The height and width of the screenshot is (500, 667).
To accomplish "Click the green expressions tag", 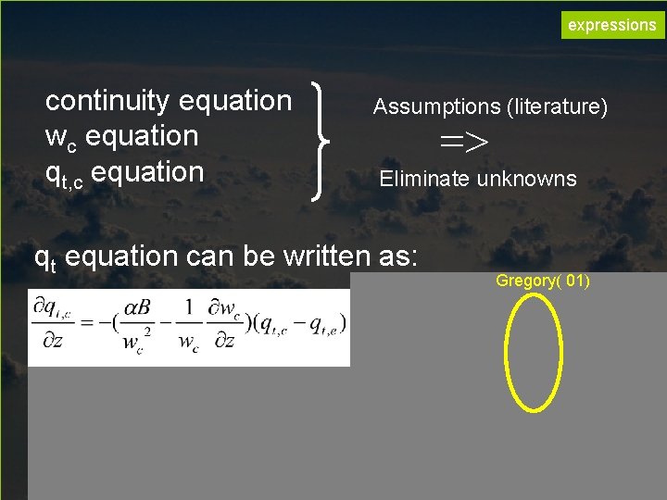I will point(611,25).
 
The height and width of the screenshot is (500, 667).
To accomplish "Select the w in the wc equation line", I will point(55,137).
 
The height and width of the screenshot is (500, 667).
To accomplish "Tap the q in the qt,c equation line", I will point(54,173).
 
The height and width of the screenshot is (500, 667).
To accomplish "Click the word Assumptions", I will point(436,107).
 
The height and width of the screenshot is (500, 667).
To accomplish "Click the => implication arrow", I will point(463,142).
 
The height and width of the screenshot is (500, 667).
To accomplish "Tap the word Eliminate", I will point(425,179).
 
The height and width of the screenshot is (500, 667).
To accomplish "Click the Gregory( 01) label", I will point(543,281).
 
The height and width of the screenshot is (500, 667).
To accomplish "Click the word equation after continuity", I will point(236,100).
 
